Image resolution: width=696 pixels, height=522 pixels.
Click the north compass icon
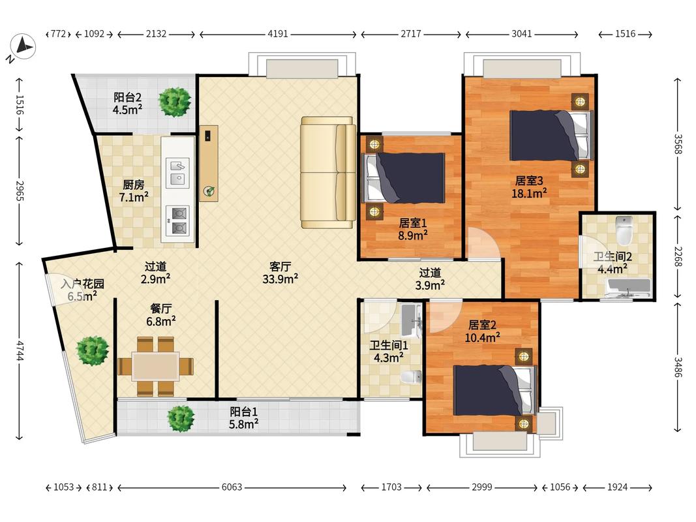click(23, 47)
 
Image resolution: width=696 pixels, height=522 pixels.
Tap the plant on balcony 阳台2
click(175, 102)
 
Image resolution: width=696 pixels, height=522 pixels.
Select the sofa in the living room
click(328, 172)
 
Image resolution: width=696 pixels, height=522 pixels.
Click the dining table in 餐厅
click(155, 366)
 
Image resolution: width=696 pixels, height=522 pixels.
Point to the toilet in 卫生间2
click(624, 230)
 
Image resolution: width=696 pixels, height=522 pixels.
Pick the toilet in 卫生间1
click(412, 377)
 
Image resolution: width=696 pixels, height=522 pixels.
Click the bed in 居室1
click(404, 178)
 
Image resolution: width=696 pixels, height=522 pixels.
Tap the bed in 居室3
click(551, 135)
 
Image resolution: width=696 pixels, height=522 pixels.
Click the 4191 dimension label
click(278, 34)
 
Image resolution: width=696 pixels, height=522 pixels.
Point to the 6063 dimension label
click(232, 487)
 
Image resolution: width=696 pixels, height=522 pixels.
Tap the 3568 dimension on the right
click(677, 144)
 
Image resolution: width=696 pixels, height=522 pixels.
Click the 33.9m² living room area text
click(280, 279)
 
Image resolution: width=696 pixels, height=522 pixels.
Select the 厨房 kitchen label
click(133, 184)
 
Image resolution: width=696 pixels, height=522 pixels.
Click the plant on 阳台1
click(181, 418)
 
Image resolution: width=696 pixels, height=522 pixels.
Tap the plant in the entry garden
click(93, 350)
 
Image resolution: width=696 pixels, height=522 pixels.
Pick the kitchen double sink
click(177, 172)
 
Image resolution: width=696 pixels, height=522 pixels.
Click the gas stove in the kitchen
click(177, 221)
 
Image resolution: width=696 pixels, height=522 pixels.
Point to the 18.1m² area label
click(529, 193)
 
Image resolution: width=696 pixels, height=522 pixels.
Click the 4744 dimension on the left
click(19, 350)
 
